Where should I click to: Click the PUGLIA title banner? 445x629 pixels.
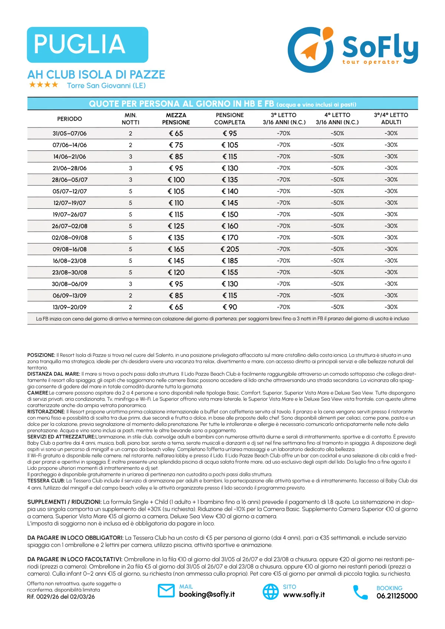click(x=88, y=44)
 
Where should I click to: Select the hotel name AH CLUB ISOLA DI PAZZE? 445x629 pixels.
click(x=96, y=75)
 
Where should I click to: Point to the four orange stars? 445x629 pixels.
click(x=44, y=85)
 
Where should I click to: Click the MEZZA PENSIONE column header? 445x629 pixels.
click(x=176, y=119)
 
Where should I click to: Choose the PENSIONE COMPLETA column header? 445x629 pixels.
click(x=230, y=119)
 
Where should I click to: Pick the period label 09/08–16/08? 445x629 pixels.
click(x=69, y=249)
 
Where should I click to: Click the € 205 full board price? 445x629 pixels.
click(x=230, y=249)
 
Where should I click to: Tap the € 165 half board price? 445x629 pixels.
click(x=176, y=249)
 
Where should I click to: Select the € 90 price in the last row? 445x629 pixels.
click(x=230, y=307)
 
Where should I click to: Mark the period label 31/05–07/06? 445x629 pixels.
click(x=69, y=133)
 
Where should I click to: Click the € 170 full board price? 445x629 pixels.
click(x=230, y=238)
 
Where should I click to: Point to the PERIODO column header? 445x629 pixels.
click(x=69, y=119)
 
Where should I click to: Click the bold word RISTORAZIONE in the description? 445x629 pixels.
click(x=46, y=412)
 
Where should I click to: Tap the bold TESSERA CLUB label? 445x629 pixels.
click(x=46, y=481)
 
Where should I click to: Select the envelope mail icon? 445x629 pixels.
click(x=166, y=591)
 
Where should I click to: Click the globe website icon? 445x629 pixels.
click(x=271, y=592)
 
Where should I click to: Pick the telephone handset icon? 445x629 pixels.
click(x=360, y=592)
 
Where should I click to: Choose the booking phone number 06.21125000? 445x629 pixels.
click(x=397, y=596)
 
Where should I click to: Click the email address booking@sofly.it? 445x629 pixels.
click(x=207, y=595)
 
